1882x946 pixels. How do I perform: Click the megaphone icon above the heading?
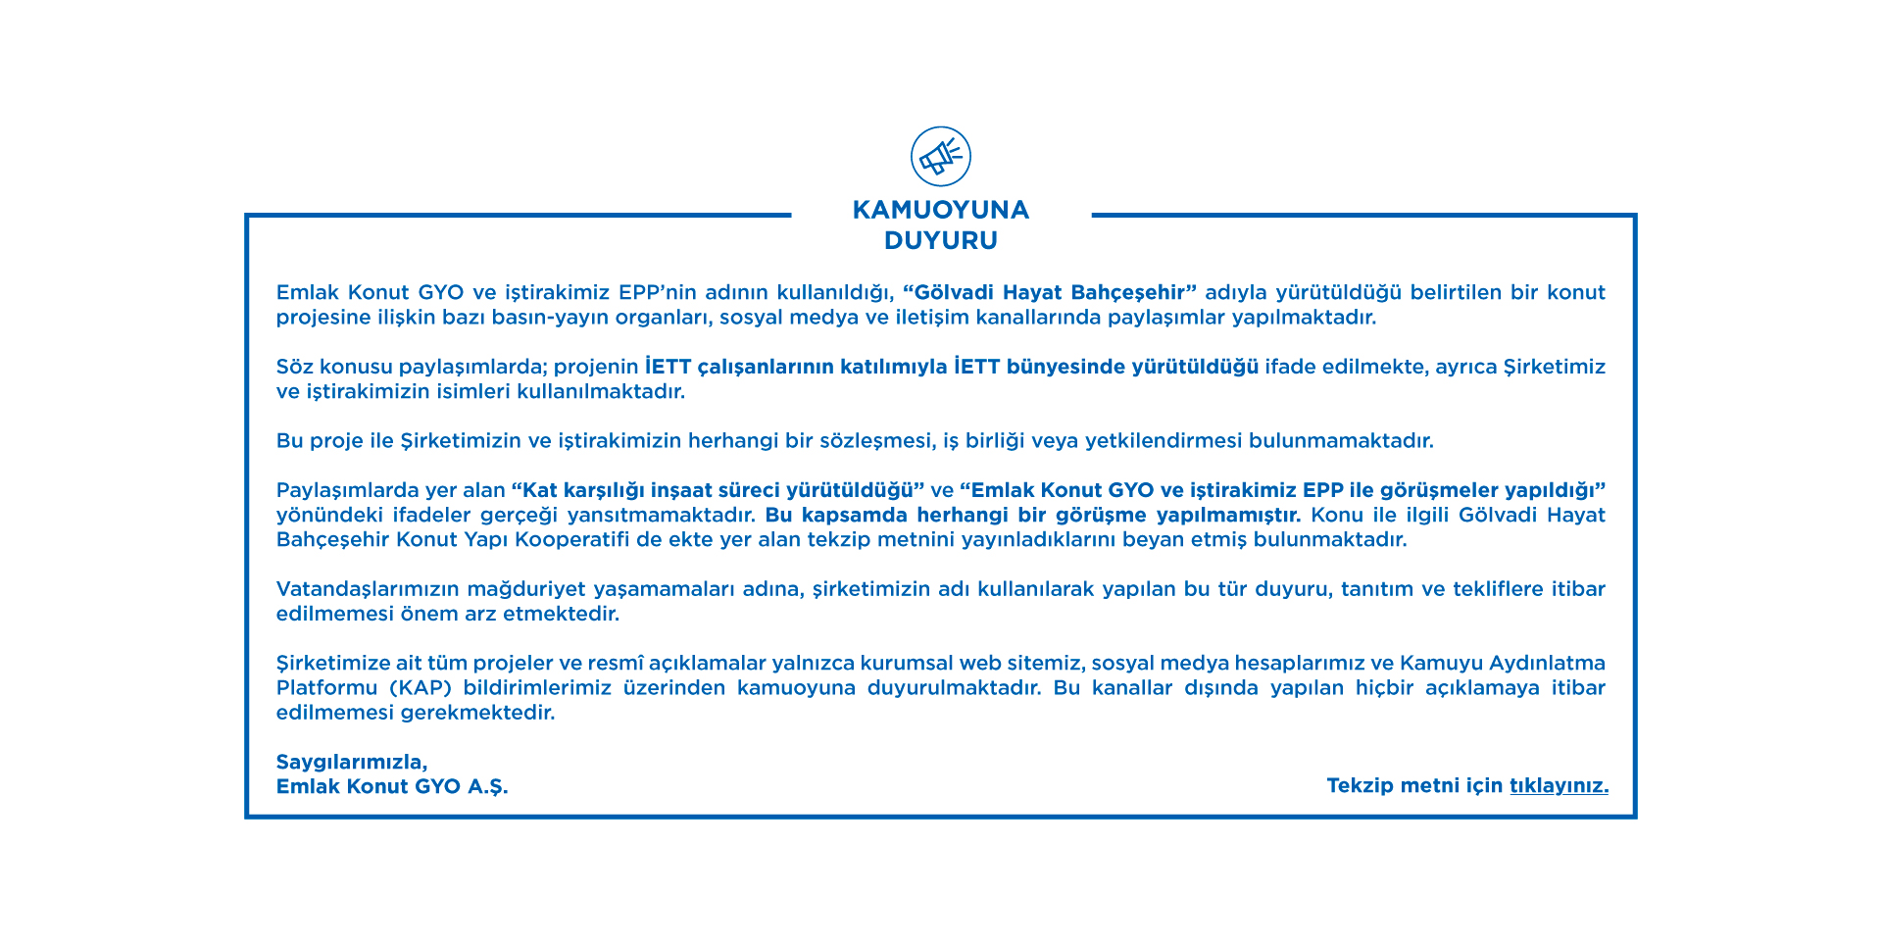click(x=941, y=156)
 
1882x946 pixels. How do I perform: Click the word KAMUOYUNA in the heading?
click(x=941, y=210)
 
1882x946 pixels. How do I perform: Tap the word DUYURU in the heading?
click(x=941, y=240)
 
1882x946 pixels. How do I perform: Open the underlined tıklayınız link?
click(x=1559, y=785)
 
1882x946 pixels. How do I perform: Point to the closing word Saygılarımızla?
click(x=351, y=762)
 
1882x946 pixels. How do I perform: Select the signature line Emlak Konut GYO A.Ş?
click(x=392, y=786)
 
